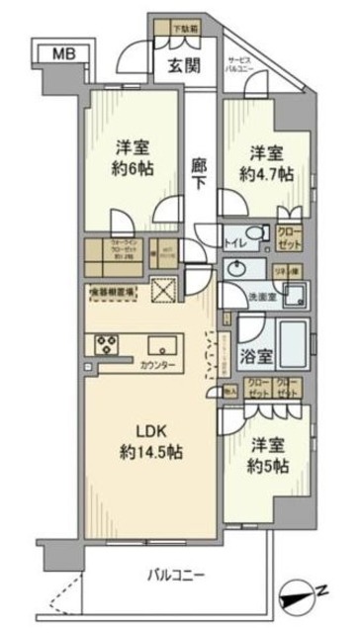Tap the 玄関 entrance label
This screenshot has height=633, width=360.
pyautogui.click(x=178, y=66)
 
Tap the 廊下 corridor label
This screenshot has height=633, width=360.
pyautogui.click(x=198, y=175)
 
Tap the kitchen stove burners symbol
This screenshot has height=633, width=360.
pyautogui.click(x=104, y=344)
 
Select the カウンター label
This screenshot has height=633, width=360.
pyautogui.click(x=157, y=366)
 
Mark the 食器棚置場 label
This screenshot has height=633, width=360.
pyautogui.click(x=115, y=293)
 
